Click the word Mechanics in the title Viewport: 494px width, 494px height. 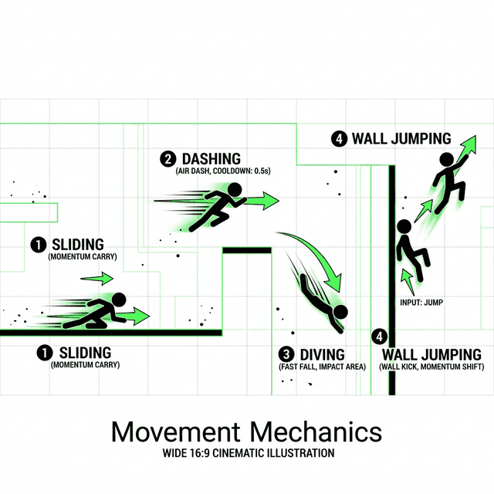pos(317,431)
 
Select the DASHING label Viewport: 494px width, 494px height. pos(211,159)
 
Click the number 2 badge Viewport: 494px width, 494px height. pos(167,160)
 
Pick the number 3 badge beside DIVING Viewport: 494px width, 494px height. pos(286,354)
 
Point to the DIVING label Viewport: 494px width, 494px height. pos(323,354)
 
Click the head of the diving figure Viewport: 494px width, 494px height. pos(341,312)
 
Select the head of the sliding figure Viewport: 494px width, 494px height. pos(119,299)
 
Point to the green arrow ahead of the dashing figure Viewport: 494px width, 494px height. pos(262,202)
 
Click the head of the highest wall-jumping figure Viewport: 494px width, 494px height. pos(446,159)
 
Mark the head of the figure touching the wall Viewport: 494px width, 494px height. pos(402,227)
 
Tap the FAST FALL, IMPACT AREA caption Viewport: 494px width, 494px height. pos(322,367)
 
